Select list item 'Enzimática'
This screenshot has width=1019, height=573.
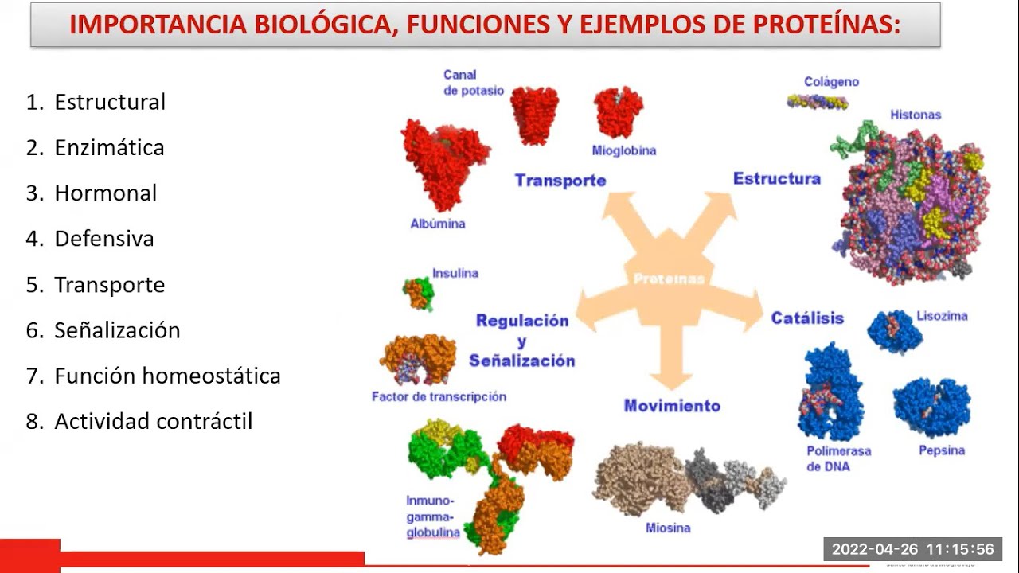[x=109, y=147]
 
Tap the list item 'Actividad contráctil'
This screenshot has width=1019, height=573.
[x=153, y=421]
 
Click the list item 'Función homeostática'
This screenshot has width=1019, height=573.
[x=167, y=376]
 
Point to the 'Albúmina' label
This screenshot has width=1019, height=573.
[x=438, y=224]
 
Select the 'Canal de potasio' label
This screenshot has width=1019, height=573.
[x=473, y=83]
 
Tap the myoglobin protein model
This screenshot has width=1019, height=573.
[x=619, y=112]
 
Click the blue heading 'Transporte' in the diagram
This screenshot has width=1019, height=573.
[x=560, y=181]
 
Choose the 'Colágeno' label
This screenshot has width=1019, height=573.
[x=831, y=81]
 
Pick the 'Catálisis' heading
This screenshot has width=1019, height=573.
[x=806, y=318]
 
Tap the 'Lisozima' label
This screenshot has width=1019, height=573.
[x=942, y=316]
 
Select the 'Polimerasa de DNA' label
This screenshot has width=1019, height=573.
[x=838, y=458]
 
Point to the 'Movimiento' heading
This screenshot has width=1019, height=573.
[x=672, y=406]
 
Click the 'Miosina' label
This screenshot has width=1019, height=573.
[x=668, y=528]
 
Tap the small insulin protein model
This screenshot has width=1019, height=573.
[x=419, y=294]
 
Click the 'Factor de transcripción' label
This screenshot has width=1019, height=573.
[x=439, y=396]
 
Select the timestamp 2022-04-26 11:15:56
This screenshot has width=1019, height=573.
[x=912, y=549]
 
